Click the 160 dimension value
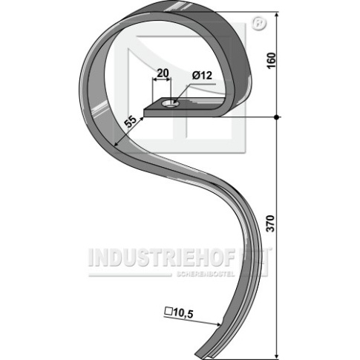[272, 61]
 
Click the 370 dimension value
[272, 223]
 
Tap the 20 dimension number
[163, 73]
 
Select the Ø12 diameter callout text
[202, 76]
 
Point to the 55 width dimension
[131, 122]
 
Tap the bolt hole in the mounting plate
[169, 103]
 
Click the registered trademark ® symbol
[259, 24]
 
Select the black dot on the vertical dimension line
[277, 117]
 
